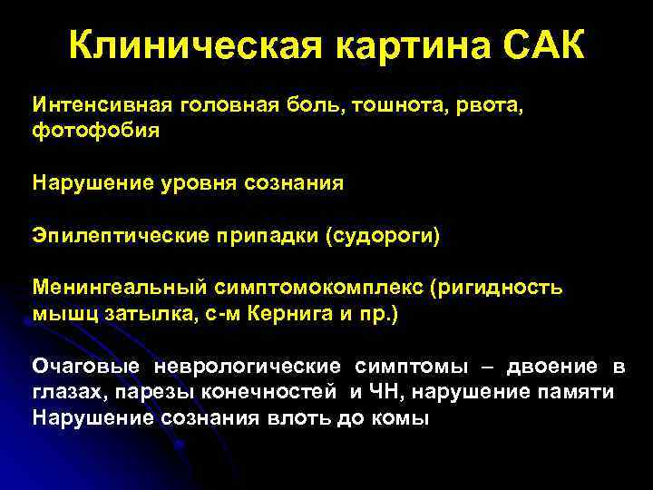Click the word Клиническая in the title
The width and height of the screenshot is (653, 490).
[x=191, y=44]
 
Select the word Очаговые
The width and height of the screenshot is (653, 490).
[x=86, y=367]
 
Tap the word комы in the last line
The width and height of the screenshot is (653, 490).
[x=401, y=418]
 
